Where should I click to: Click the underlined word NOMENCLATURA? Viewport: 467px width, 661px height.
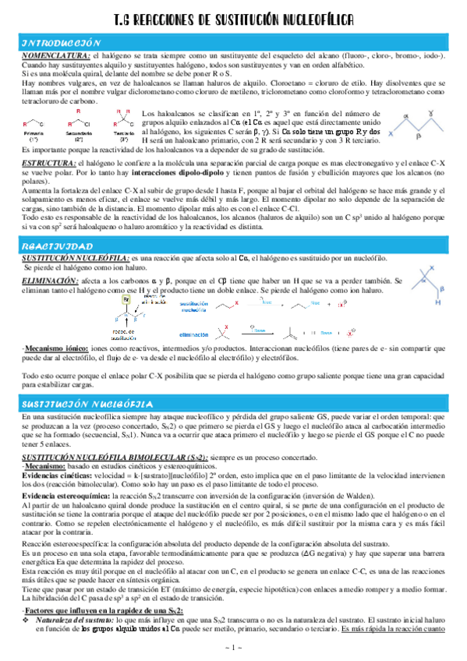(x=55, y=56)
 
